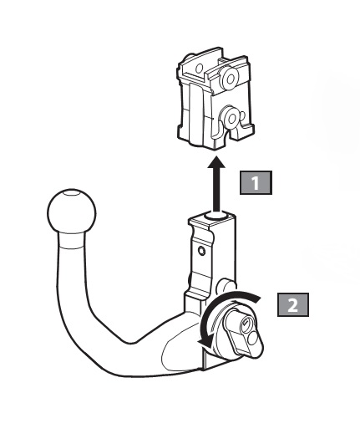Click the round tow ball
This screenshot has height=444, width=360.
click(x=72, y=212)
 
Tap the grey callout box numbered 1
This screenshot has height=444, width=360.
click(x=256, y=182)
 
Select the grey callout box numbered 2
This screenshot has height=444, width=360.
click(x=293, y=304)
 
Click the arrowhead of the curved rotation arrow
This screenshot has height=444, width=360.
click(x=205, y=342)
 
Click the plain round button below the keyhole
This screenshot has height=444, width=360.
click(x=252, y=338)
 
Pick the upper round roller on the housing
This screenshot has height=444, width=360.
click(x=230, y=78)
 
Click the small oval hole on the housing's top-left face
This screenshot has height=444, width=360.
click(x=200, y=69)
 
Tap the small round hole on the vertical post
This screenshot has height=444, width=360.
click(x=201, y=251)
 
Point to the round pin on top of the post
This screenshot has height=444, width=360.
click(x=216, y=216)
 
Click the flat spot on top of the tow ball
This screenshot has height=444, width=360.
click(x=70, y=193)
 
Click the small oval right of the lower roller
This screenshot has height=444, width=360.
click(x=243, y=115)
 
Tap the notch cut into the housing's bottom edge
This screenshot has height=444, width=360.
click(x=233, y=134)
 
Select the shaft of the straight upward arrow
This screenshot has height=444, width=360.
click(x=216, y=190)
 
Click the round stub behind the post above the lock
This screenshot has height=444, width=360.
click(x=225, y=285)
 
